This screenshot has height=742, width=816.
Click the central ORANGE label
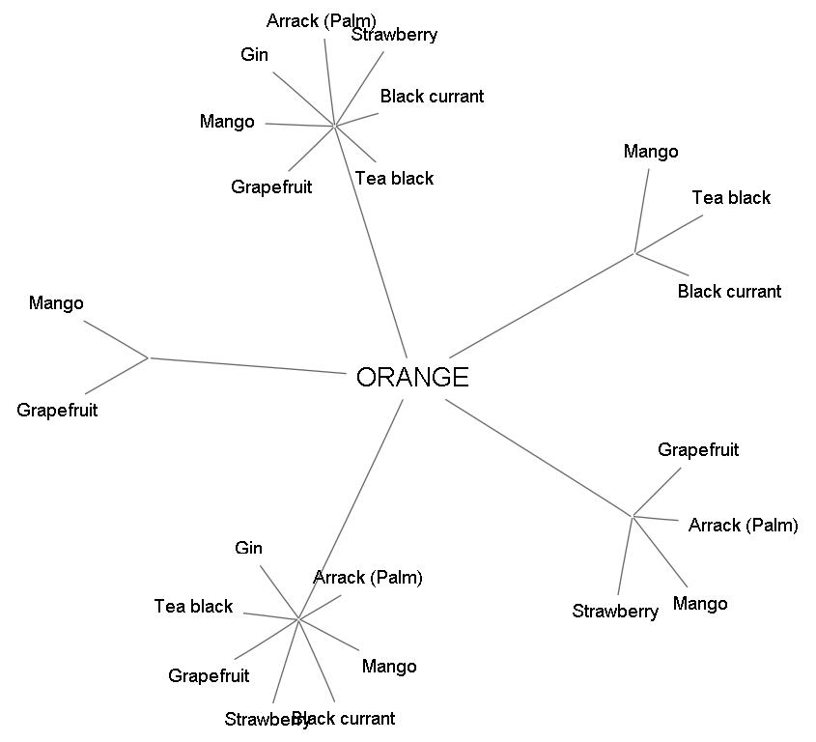(412, 377)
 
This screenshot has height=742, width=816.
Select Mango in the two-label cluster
(56, 303)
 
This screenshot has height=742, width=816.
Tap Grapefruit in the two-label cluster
(57, 411)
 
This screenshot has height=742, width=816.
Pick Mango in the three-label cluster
(651, 152)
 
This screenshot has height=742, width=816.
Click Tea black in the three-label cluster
(731, 198)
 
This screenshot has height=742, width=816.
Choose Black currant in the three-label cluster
(729, 292)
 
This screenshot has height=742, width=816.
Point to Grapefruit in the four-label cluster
(698, 450)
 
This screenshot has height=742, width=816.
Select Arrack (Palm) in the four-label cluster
(743, 526)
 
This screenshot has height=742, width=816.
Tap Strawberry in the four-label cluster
(615, 612)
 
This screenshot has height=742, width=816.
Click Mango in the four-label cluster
(700, 605)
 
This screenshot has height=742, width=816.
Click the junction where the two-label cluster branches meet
(149, 357)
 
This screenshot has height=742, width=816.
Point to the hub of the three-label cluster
(634, 253)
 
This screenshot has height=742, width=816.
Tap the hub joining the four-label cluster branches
(633, 516)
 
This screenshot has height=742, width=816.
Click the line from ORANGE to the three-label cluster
(541, 306)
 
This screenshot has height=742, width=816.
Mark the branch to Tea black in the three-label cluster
(669, 234)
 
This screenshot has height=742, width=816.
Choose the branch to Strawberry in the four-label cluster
(625, 556)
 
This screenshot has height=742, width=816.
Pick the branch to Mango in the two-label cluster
(116, 339)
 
